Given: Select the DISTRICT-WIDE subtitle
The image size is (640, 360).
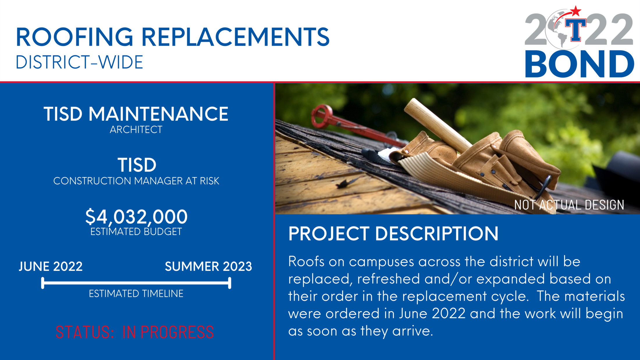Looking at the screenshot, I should click(79, 62).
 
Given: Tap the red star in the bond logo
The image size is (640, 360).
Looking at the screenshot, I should click(575, 12).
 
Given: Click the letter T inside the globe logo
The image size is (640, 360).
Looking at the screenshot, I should click(575, 30).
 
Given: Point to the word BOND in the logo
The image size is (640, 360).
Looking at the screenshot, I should click(579, 64).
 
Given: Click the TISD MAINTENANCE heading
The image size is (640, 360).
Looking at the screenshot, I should click(136, 114).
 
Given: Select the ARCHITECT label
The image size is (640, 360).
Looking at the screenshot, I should click(136, 130).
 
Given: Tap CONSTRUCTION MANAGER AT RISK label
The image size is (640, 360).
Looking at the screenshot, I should click(136, 181).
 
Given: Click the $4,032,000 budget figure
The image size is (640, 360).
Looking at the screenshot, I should click(136, 217).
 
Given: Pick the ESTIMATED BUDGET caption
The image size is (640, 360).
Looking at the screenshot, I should click(136, 232).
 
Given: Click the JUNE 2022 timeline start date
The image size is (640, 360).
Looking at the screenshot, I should click(51, 266).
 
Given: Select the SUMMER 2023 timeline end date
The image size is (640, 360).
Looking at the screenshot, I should click(208, 266).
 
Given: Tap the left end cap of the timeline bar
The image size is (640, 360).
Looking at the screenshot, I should click(43, 283).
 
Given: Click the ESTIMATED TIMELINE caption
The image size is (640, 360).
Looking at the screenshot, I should click(136, 294).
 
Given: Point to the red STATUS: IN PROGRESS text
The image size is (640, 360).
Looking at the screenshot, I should click(135, 332).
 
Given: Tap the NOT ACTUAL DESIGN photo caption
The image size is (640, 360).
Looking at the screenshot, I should click(569, 205).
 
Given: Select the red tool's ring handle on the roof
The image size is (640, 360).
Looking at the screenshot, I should click(322, 115).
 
